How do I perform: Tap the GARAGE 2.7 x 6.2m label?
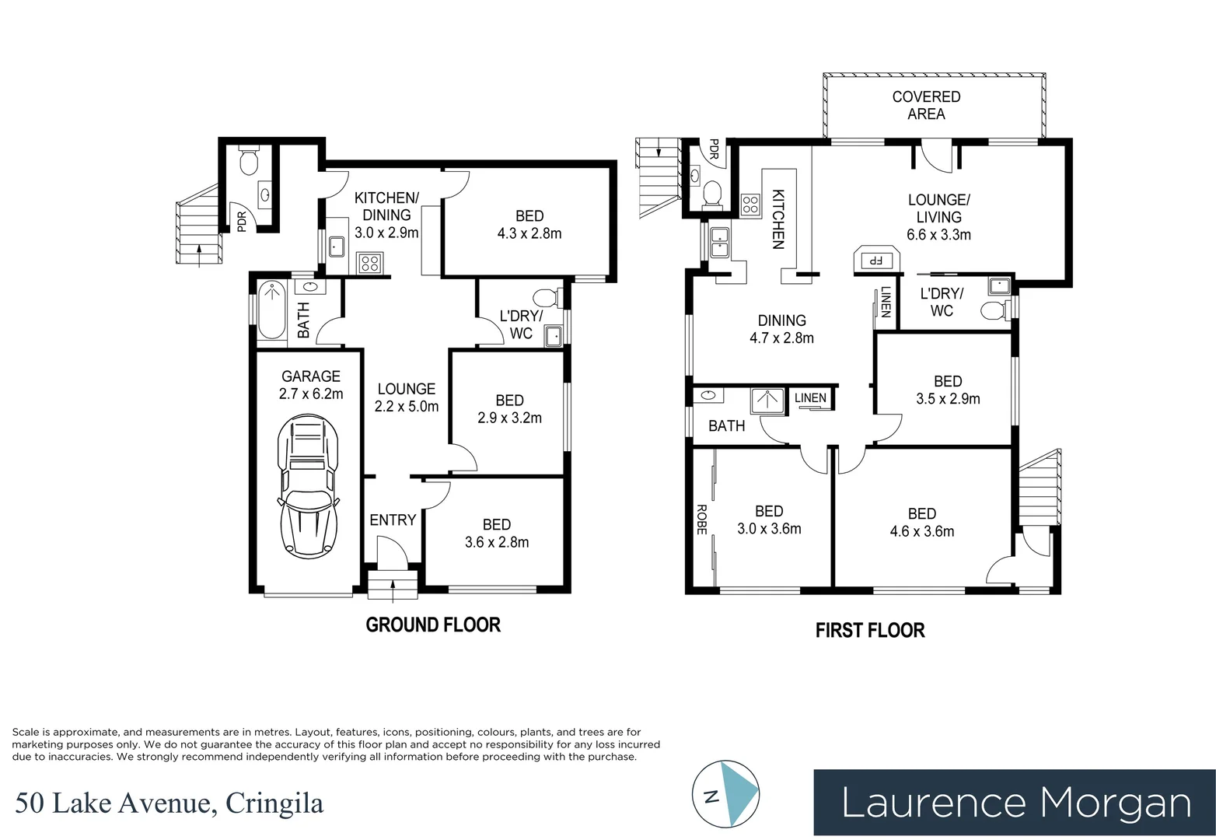coord(311,385)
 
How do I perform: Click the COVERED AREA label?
coord(926,105)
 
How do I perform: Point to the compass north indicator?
coord(725,795)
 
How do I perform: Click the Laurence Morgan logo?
coord(1014,803)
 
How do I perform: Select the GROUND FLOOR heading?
coord(433,625)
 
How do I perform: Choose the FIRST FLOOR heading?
coord(870,630)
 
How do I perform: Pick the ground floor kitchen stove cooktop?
coord(370,263)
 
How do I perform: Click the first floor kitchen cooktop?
coord(750,205)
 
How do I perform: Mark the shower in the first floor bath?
coord(766,401)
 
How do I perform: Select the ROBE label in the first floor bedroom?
coord(701,519)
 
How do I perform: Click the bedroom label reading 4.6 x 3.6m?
coord(921,523)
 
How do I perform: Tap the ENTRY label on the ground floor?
coord(393,520)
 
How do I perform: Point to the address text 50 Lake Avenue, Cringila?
coord(168,803)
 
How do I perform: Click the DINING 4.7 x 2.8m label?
coord(781,329)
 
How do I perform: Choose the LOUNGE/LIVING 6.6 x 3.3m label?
coord(938,217)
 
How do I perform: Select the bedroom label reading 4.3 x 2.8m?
coord(529,224)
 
